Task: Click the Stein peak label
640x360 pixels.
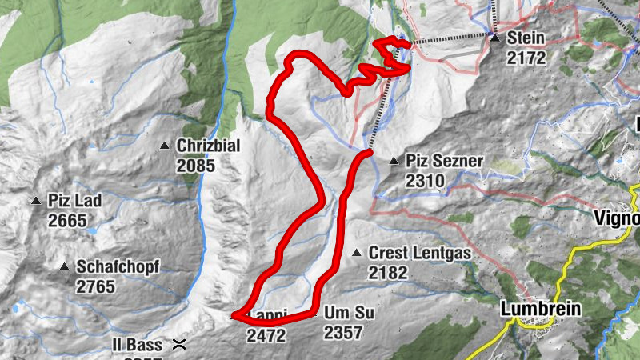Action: [525, 38]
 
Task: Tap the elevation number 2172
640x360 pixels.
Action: [525, 57]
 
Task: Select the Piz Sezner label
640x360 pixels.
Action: [444, 161]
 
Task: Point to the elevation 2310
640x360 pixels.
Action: [425, 181]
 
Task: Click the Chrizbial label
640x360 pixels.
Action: [208, 146]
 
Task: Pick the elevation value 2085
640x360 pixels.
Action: [197, 166]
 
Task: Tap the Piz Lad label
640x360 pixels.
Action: [74, 201]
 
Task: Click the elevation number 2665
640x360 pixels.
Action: [67, 220]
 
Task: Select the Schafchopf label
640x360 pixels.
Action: [118, 266]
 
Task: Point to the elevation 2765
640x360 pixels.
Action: [97, 286]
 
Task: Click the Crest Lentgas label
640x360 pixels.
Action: [419, 254]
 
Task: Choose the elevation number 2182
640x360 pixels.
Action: [388, 273]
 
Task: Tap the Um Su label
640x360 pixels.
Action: [350, 313]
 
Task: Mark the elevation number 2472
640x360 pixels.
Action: [266, 335]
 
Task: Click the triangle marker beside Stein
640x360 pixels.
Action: [494, 38]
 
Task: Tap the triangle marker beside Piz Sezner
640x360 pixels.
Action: [394, 162]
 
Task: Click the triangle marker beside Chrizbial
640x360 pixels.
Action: [165, 146]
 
